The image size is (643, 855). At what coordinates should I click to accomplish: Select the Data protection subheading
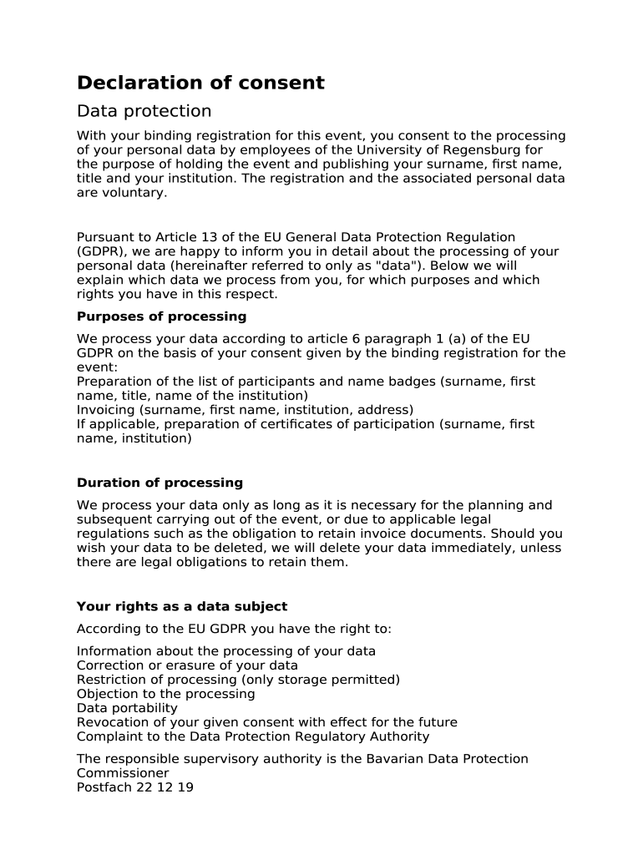[x=144, y=111]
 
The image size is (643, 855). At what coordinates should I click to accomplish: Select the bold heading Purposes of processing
[x=161, y=316]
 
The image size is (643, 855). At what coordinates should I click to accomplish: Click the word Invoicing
[x=105, y=410]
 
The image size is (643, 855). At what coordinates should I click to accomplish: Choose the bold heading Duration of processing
[x=159, y=483]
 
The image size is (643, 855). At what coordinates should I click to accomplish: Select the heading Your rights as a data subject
[x=181, y=606]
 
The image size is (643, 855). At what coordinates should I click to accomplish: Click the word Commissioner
[x=122, y=773]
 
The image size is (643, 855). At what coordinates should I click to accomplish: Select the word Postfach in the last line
[x=103, y=787]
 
